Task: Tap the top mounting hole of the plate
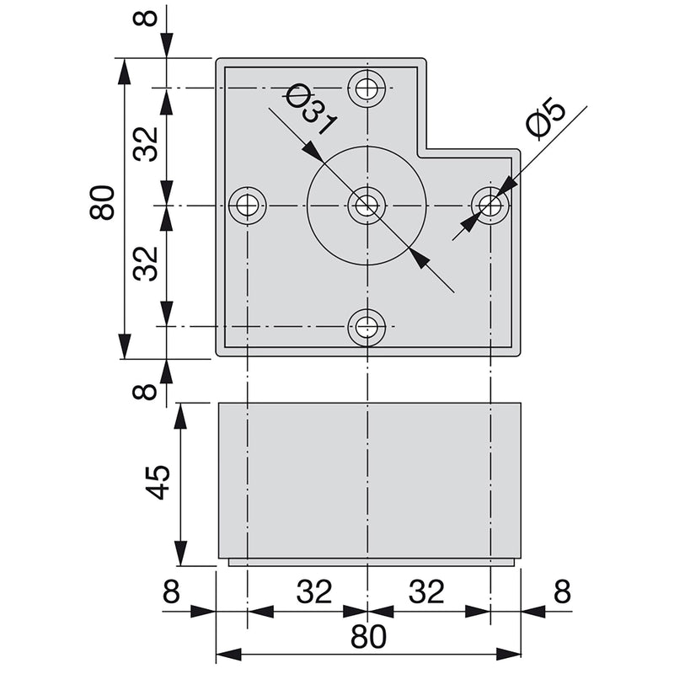[367, 87]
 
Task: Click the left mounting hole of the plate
[248, 205]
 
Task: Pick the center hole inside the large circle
[367, 205]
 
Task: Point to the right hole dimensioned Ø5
[489, 205]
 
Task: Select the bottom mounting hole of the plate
[367, 327]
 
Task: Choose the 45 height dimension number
[158, 482]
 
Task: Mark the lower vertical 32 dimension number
[147, 264]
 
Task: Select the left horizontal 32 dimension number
[313, 593]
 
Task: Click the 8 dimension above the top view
[149, 18]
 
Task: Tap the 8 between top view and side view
[149, 392]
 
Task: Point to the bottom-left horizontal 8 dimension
[172, 593]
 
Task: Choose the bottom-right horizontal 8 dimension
[562, 593]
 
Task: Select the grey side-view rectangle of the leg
[369, 480]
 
